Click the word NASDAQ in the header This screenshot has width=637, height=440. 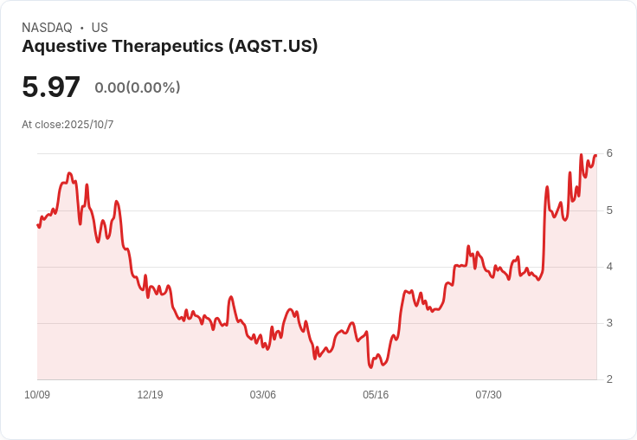click(46, 28)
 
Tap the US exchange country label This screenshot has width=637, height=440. click(100, 28)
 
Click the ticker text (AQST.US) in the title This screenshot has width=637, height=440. click(273, 47)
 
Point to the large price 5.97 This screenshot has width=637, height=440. click(51, 87)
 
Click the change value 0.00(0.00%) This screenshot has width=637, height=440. click(138, 87)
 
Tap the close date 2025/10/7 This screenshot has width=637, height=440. click(89, 125)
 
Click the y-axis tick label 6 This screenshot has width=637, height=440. click(609, 153)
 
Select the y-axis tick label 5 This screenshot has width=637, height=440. click(609, 210)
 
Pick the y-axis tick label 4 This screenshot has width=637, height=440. click(609, 267)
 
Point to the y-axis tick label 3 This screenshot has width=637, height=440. click(609, 323)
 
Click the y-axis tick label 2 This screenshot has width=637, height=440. click(609, 379)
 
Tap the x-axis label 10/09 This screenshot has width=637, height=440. click(37, 395)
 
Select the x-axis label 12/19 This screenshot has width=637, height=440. click(150, 395)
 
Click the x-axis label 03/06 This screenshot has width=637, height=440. click(263, 395)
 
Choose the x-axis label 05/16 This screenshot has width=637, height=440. click(376, 395)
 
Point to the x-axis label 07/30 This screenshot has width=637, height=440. click(488, 395)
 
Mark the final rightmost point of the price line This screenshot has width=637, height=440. click(596, 155)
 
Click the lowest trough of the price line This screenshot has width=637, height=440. click(370, 367)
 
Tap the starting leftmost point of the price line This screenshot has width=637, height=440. click(38, 225)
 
